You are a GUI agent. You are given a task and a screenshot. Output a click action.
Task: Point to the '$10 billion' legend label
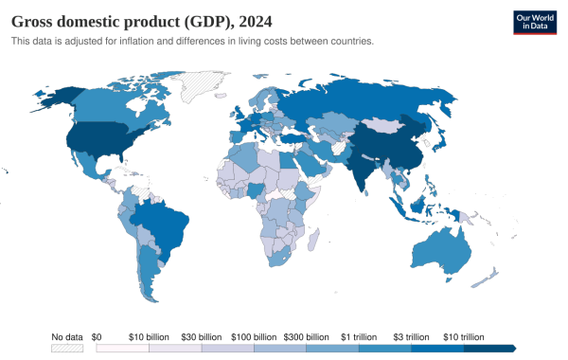point(150,337)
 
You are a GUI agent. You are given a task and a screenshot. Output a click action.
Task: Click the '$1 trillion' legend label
point(360,337)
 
